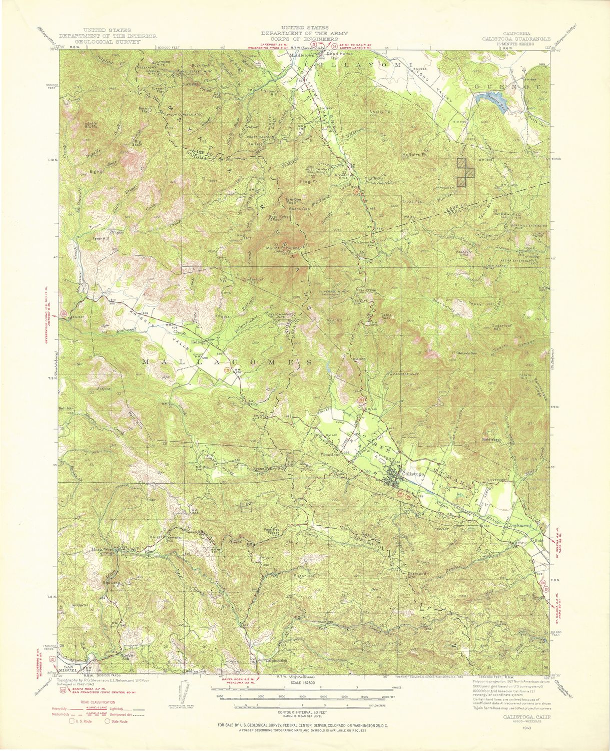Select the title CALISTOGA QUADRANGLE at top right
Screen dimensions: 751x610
tap(516, 39)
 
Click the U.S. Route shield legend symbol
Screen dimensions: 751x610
tap(72, 721)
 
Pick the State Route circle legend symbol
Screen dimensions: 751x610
tap(107, 721)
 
